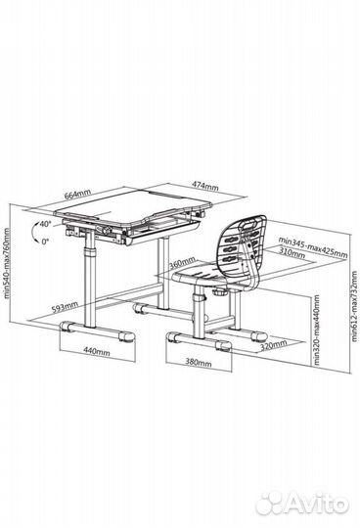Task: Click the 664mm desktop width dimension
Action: [78, 195]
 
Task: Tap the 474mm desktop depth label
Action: [205, 186]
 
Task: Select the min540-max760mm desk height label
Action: [7, 263]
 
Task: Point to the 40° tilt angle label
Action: [45, 224]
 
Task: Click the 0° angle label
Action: [45, 242]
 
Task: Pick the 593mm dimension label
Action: [65, 307]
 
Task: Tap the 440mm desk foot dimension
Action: [97, 352]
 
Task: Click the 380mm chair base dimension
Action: [199, 363]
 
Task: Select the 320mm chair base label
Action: [274, 345]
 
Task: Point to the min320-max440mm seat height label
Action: [316, 330]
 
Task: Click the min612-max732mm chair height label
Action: [354, 306]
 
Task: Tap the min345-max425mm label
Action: [312, 246]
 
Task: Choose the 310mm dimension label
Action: [292, 253]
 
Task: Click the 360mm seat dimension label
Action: [182, 263]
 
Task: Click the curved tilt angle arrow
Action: [33, 232]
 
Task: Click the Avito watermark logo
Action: [301, 505]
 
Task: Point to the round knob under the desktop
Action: [108, 231]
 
